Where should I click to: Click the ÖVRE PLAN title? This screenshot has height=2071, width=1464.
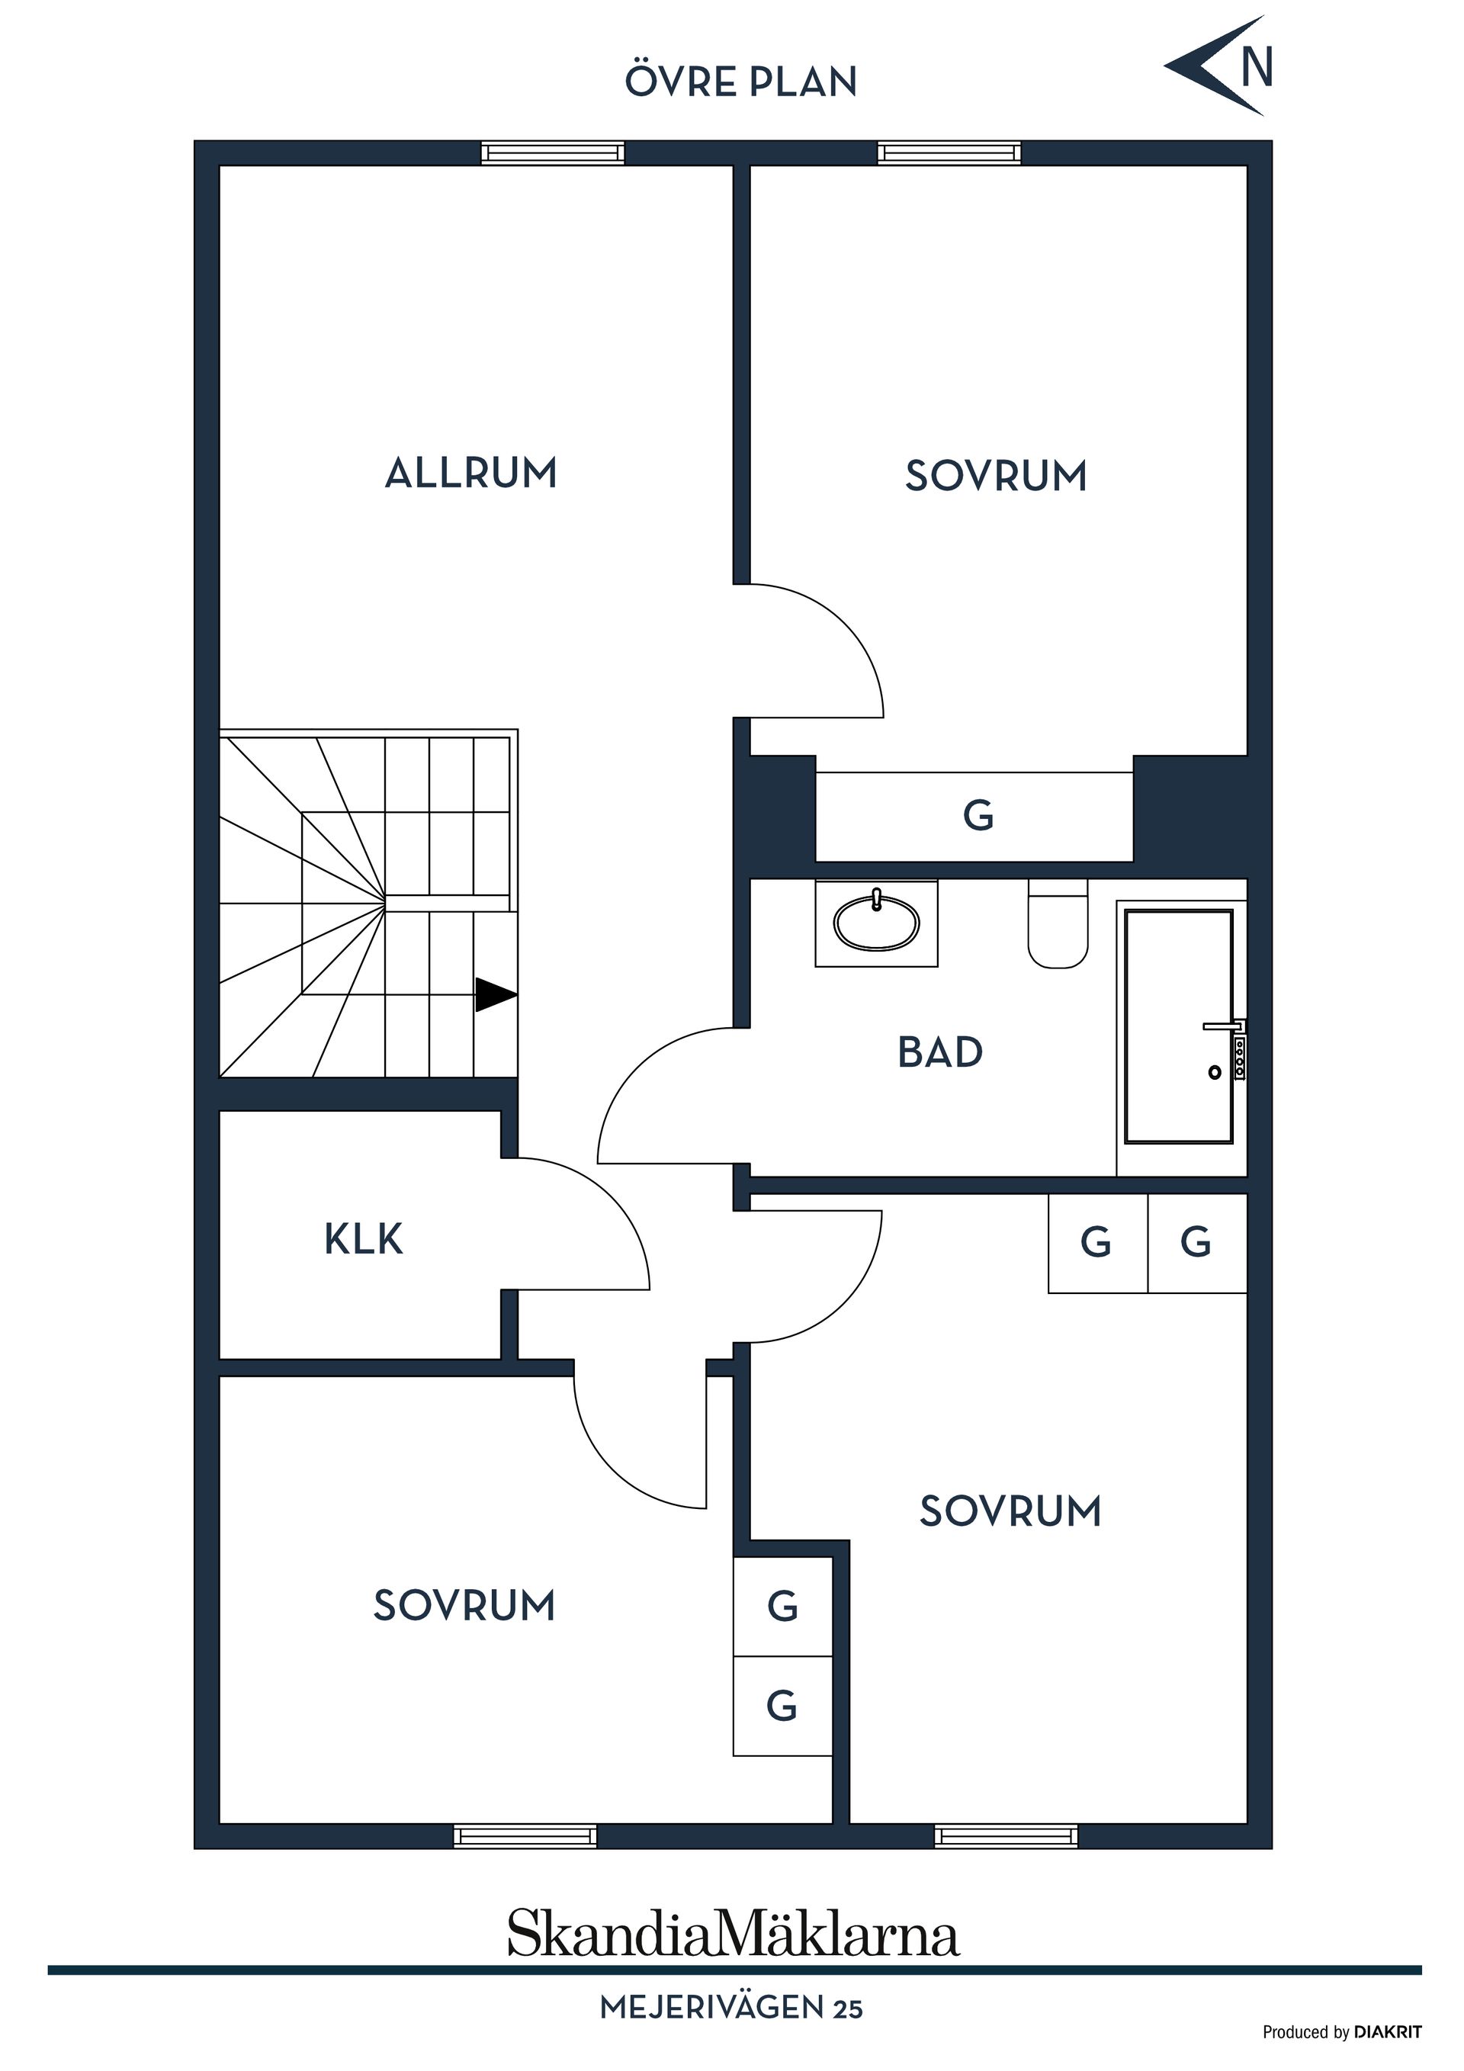coord(740,82)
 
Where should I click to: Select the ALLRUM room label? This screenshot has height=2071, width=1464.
coord(471,473)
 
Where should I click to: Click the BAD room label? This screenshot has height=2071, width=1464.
coord(940,1052)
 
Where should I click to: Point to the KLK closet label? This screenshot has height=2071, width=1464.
coord(364,1239)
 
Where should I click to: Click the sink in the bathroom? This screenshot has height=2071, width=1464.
coord(876,923)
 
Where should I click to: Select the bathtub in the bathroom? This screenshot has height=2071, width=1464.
coord(1178,1026)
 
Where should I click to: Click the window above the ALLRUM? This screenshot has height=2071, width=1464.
coord(552,153)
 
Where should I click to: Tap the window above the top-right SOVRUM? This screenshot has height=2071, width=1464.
coord(949,153)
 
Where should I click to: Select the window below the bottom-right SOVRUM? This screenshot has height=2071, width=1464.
coord(1006,1835)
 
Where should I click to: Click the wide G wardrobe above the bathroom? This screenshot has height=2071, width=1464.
coord(974,817)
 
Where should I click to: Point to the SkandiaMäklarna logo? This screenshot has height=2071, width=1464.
coord(733,1932)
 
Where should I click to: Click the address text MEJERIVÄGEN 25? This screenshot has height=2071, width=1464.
coord(731,2008)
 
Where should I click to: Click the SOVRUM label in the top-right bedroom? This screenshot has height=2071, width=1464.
coord(996,477)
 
